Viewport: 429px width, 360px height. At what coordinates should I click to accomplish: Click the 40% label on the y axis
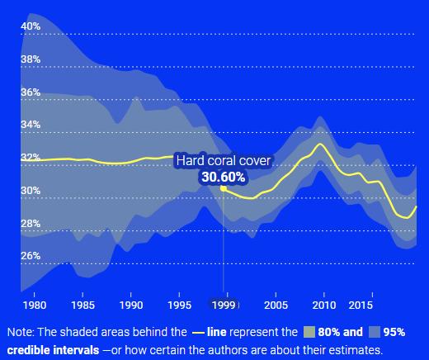pyautogui.click(x=31, y=26)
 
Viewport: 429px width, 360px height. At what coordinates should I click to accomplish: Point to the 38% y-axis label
pyautogui.click(x=31, y=59)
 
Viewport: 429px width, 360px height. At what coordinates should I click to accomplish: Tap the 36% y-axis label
pyautogui.click(x=31, y=92)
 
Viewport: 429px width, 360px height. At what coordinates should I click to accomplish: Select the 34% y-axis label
pyautogui.click(x=31, y=125)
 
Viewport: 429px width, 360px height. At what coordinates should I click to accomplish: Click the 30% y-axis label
pyautogui.click(x=31, y=190)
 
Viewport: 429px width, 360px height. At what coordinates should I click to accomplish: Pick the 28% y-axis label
pyautogui.click(x=31, y=223)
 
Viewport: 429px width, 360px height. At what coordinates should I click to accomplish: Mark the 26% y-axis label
pyautogui.click(x=31, y=256)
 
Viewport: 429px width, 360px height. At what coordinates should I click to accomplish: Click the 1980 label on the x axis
pyautogui.click(x=35, y=306)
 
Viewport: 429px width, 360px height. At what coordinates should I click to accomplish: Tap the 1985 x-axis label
pyautogui.click(x=82, y=306)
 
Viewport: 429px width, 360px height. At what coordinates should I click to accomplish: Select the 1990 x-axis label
pyautogui.click(x=131, y=306)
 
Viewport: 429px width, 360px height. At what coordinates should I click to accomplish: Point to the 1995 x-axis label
pyautogui.click(x=179, y=306)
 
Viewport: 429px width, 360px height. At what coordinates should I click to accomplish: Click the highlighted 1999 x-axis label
pyautogui.click(x=224, y=306)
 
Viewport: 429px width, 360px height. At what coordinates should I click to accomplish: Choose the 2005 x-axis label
pyautogui.click(x=276, y=306)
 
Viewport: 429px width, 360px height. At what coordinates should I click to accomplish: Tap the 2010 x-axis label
pyautogui.click(x=324, y=306)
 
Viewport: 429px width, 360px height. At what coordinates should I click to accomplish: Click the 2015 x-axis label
pyautogui.click(x=361, y=306)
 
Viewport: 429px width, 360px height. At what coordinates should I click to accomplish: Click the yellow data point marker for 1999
pyautogui.click(x=224, y=188)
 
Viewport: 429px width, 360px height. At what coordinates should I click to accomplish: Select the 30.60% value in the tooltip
pyautogui.click(x=224, y=177)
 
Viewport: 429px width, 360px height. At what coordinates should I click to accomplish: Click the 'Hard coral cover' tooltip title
pyautogui.click(x=224, y=160)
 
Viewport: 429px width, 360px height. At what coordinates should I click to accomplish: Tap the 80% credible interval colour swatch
pyautogui.click(x=309, y=332)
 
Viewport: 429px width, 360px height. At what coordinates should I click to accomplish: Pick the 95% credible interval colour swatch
pyautogui.click(x=375, y=332)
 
